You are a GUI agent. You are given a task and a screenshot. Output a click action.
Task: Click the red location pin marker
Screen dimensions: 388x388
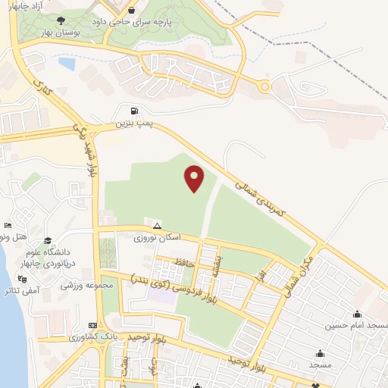pos(195,179)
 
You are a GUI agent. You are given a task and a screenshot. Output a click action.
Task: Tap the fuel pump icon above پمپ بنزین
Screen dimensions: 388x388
pos(134,110)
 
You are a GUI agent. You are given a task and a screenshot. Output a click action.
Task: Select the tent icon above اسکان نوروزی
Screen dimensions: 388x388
pos(157,226)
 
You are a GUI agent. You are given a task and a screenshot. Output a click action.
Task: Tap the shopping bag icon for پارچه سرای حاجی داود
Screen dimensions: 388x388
pos(133,11)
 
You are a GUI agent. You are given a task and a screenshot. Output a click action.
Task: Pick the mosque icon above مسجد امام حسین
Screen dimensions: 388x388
pos(357,314)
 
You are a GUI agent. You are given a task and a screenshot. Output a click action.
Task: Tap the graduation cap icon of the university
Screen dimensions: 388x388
pos(48,239)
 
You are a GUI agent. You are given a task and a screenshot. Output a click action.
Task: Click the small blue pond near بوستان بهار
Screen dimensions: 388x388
pos(67,64)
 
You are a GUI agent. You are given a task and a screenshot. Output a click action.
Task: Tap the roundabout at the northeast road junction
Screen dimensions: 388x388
pos(264,87)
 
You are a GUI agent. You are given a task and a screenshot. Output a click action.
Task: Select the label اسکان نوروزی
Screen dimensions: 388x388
pos(158,238)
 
